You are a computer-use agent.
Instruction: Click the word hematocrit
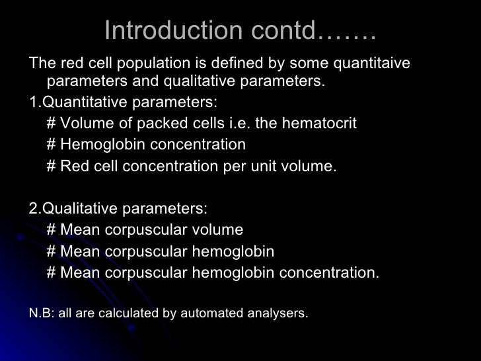[x=320, y=124]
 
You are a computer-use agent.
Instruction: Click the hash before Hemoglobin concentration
[x=52, y=145]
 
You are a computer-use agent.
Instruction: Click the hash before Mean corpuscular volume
[x=52, y=230]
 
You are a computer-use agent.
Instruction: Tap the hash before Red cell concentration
[x=52, y=167]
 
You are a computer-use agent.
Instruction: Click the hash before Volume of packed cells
[x=52, y=124]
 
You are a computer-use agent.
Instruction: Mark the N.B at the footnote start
[x=40, y=313]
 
